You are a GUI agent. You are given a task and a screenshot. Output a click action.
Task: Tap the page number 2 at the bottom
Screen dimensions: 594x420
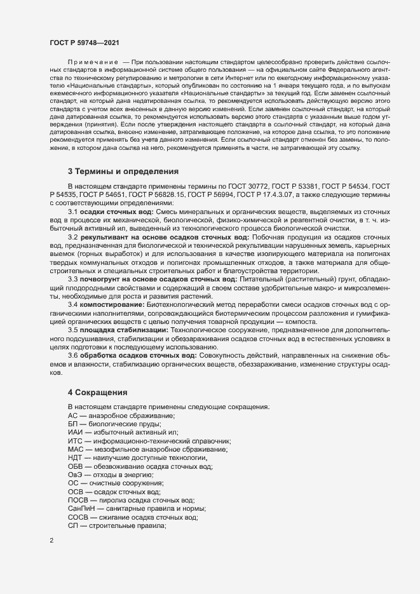tap(51, 541)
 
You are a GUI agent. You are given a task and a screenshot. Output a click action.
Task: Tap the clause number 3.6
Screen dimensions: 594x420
tap(73, 356)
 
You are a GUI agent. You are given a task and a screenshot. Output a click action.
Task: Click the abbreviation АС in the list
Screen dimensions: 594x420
tap(72, 415)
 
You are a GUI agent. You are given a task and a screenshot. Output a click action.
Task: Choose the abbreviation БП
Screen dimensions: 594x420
tap(72, 424)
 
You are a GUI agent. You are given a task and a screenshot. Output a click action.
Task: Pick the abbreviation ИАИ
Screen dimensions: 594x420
tap(75, 432)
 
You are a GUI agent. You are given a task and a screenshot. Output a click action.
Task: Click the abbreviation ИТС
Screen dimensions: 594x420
tap(75, 441)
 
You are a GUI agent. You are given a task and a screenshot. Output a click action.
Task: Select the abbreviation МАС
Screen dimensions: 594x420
tap(75, 449)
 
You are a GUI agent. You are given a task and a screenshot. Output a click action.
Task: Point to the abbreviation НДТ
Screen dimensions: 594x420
tap(75, 457)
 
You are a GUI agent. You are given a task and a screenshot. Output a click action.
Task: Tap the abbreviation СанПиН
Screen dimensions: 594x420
tap(81, 509)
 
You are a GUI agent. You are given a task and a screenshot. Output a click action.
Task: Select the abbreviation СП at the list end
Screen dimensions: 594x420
tap(72, 526)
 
